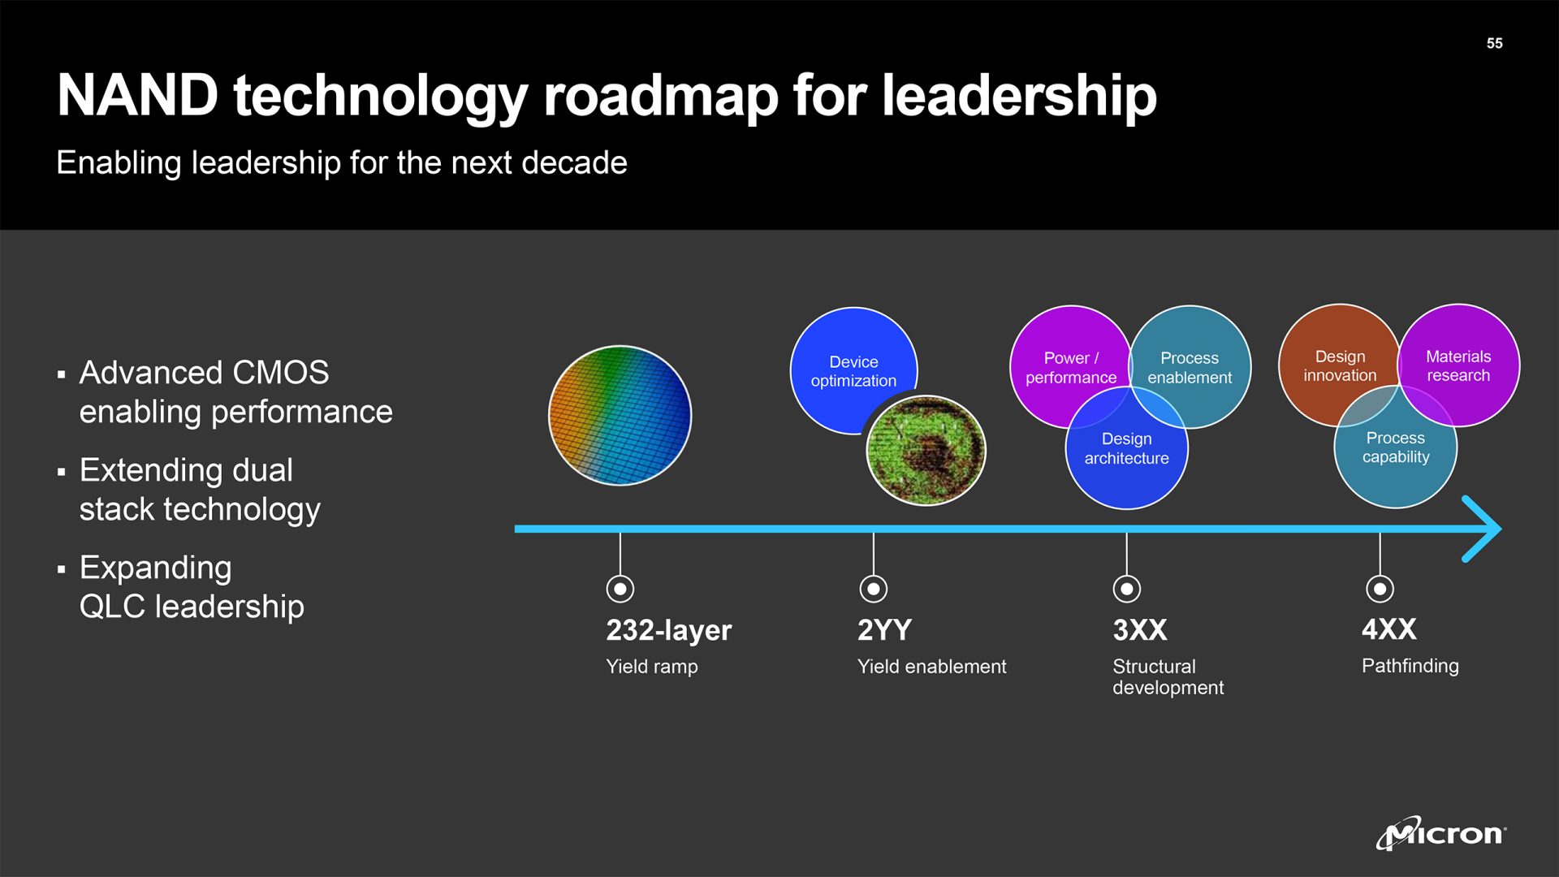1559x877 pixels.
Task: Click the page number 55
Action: tap(1494, 44)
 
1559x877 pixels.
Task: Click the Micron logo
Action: tap(1441, 833)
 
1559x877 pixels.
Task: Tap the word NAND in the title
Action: tap(137, 96)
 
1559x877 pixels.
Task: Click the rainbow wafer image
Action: tap(620, 416)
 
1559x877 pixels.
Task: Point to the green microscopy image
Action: tap(926, 451)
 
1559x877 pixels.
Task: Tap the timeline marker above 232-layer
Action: tap(620, 589)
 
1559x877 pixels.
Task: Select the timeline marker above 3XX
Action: tap(1126, 589)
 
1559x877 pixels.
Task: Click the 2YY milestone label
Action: tap(884, 630)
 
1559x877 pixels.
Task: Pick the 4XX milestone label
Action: tap(1388, 629)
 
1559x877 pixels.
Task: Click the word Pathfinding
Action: tap(1410, 666)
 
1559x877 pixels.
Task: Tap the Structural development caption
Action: tap(1167, 676)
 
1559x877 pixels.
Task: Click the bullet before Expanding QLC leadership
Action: tap(62, 569)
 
